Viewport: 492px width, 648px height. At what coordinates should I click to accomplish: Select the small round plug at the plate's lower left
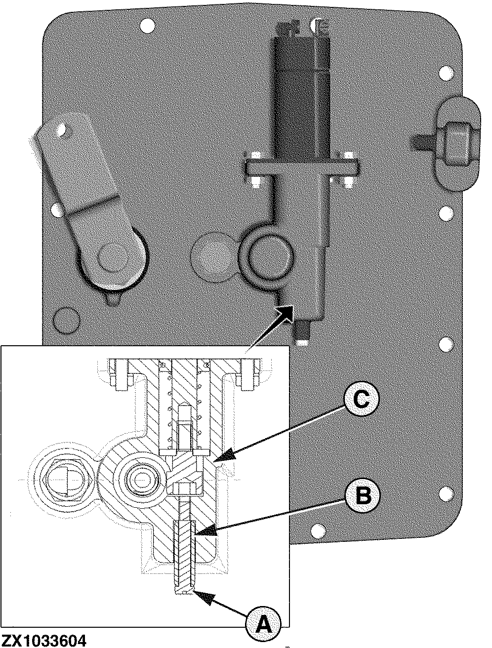point(67,321)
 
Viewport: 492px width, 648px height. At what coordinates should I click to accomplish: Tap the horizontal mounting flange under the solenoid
point(301,167)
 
